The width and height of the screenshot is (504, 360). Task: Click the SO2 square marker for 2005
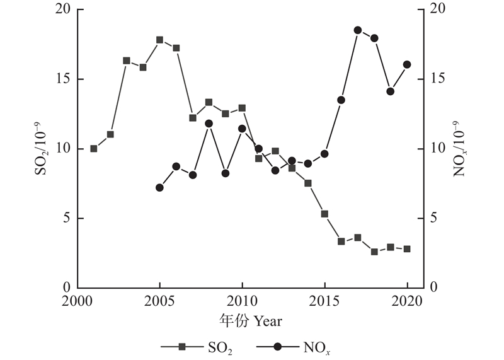point(159,40)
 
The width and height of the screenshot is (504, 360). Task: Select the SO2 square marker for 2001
point(94,149)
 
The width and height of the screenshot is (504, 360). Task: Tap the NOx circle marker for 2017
point(357,30)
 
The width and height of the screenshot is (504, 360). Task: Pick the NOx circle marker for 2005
point(159,187)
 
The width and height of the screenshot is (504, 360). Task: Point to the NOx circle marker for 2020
point(407,64)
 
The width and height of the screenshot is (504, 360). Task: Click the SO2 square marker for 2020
point(407,249)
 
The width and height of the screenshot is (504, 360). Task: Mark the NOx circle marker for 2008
point(209,124)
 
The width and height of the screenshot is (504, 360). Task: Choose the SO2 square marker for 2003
point(127,61)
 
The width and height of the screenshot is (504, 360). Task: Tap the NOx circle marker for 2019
point(391,91)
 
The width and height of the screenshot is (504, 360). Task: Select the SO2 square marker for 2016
point(341,241)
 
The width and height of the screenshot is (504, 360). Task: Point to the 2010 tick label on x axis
point(242,301)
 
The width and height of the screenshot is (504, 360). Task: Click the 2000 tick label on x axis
point(77,301)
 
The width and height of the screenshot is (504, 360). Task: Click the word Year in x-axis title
point(268,322)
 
